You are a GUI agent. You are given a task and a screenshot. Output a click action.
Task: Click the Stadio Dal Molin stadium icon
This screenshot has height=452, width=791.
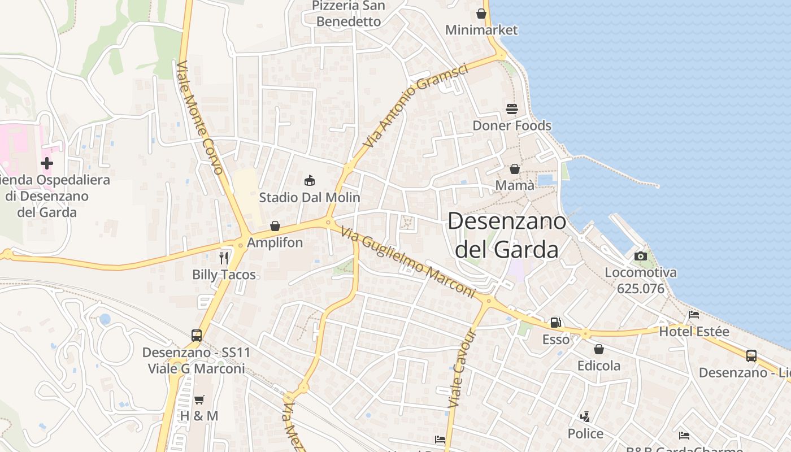(309, 181)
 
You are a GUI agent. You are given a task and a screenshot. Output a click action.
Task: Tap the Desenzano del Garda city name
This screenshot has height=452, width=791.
(507, 235)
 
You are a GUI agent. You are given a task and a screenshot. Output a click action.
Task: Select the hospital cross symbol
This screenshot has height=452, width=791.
(47, 164)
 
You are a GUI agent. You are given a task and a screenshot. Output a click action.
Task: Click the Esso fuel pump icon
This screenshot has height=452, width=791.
(556, 323)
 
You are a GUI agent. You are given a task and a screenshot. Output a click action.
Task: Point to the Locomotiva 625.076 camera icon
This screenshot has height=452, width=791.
(641, 256)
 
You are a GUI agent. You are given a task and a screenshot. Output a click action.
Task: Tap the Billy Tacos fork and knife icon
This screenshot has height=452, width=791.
(224, 258)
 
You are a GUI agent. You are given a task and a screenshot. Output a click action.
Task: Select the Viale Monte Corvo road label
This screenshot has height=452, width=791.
(200, 117)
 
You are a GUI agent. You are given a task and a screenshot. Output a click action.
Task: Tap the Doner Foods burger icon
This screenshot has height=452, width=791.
(512, 108)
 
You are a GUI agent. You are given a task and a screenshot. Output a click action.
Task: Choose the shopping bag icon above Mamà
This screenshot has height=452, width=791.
(515, 169)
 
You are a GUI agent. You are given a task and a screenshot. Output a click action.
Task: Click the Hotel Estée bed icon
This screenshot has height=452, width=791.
(694, 315)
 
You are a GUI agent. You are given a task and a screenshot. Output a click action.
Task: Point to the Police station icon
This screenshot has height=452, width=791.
(585, 417)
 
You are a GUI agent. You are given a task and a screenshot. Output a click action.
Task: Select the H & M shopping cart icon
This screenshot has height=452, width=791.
(199, 399)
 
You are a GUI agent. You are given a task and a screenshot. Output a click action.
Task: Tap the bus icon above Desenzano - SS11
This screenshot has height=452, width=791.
(197, 336)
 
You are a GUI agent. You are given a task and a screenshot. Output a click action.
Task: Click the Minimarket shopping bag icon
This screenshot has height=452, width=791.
(481, 13)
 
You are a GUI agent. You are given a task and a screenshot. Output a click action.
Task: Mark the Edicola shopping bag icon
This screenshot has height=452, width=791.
(599, 349)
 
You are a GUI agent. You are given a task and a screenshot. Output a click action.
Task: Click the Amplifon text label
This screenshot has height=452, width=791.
(275, 243)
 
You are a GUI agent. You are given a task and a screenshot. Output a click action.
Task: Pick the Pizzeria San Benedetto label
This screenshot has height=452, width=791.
(349, 14)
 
